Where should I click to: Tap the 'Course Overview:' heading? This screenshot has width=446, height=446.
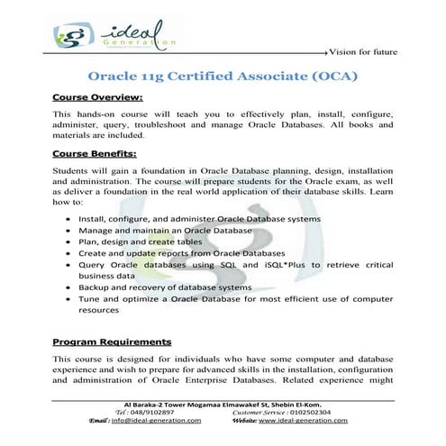point(97,96)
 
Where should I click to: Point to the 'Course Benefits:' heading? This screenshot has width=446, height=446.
point(96,153)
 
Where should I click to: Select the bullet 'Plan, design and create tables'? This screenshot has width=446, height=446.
point(149,241)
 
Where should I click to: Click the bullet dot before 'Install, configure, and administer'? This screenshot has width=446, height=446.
point(68,219)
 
